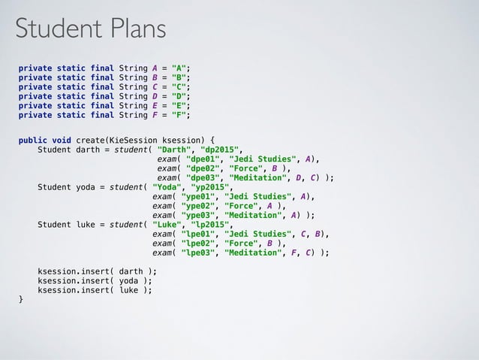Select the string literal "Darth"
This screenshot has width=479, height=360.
coord(174,149)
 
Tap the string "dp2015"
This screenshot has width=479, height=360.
coord(221,149)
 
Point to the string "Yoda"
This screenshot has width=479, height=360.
coord(167,188)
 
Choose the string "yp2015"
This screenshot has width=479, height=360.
coord(211,188)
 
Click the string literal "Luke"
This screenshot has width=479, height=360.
coord(167,224)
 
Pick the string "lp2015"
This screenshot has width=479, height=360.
coord(211,224)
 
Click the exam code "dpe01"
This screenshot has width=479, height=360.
coord(204,159)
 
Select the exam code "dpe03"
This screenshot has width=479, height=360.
coord(204,178)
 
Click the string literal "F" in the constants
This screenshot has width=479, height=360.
coord(180,115)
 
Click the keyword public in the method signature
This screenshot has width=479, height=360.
coord(33,139)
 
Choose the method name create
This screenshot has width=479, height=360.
coord(90,139)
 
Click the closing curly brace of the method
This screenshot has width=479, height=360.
coord(21,300)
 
